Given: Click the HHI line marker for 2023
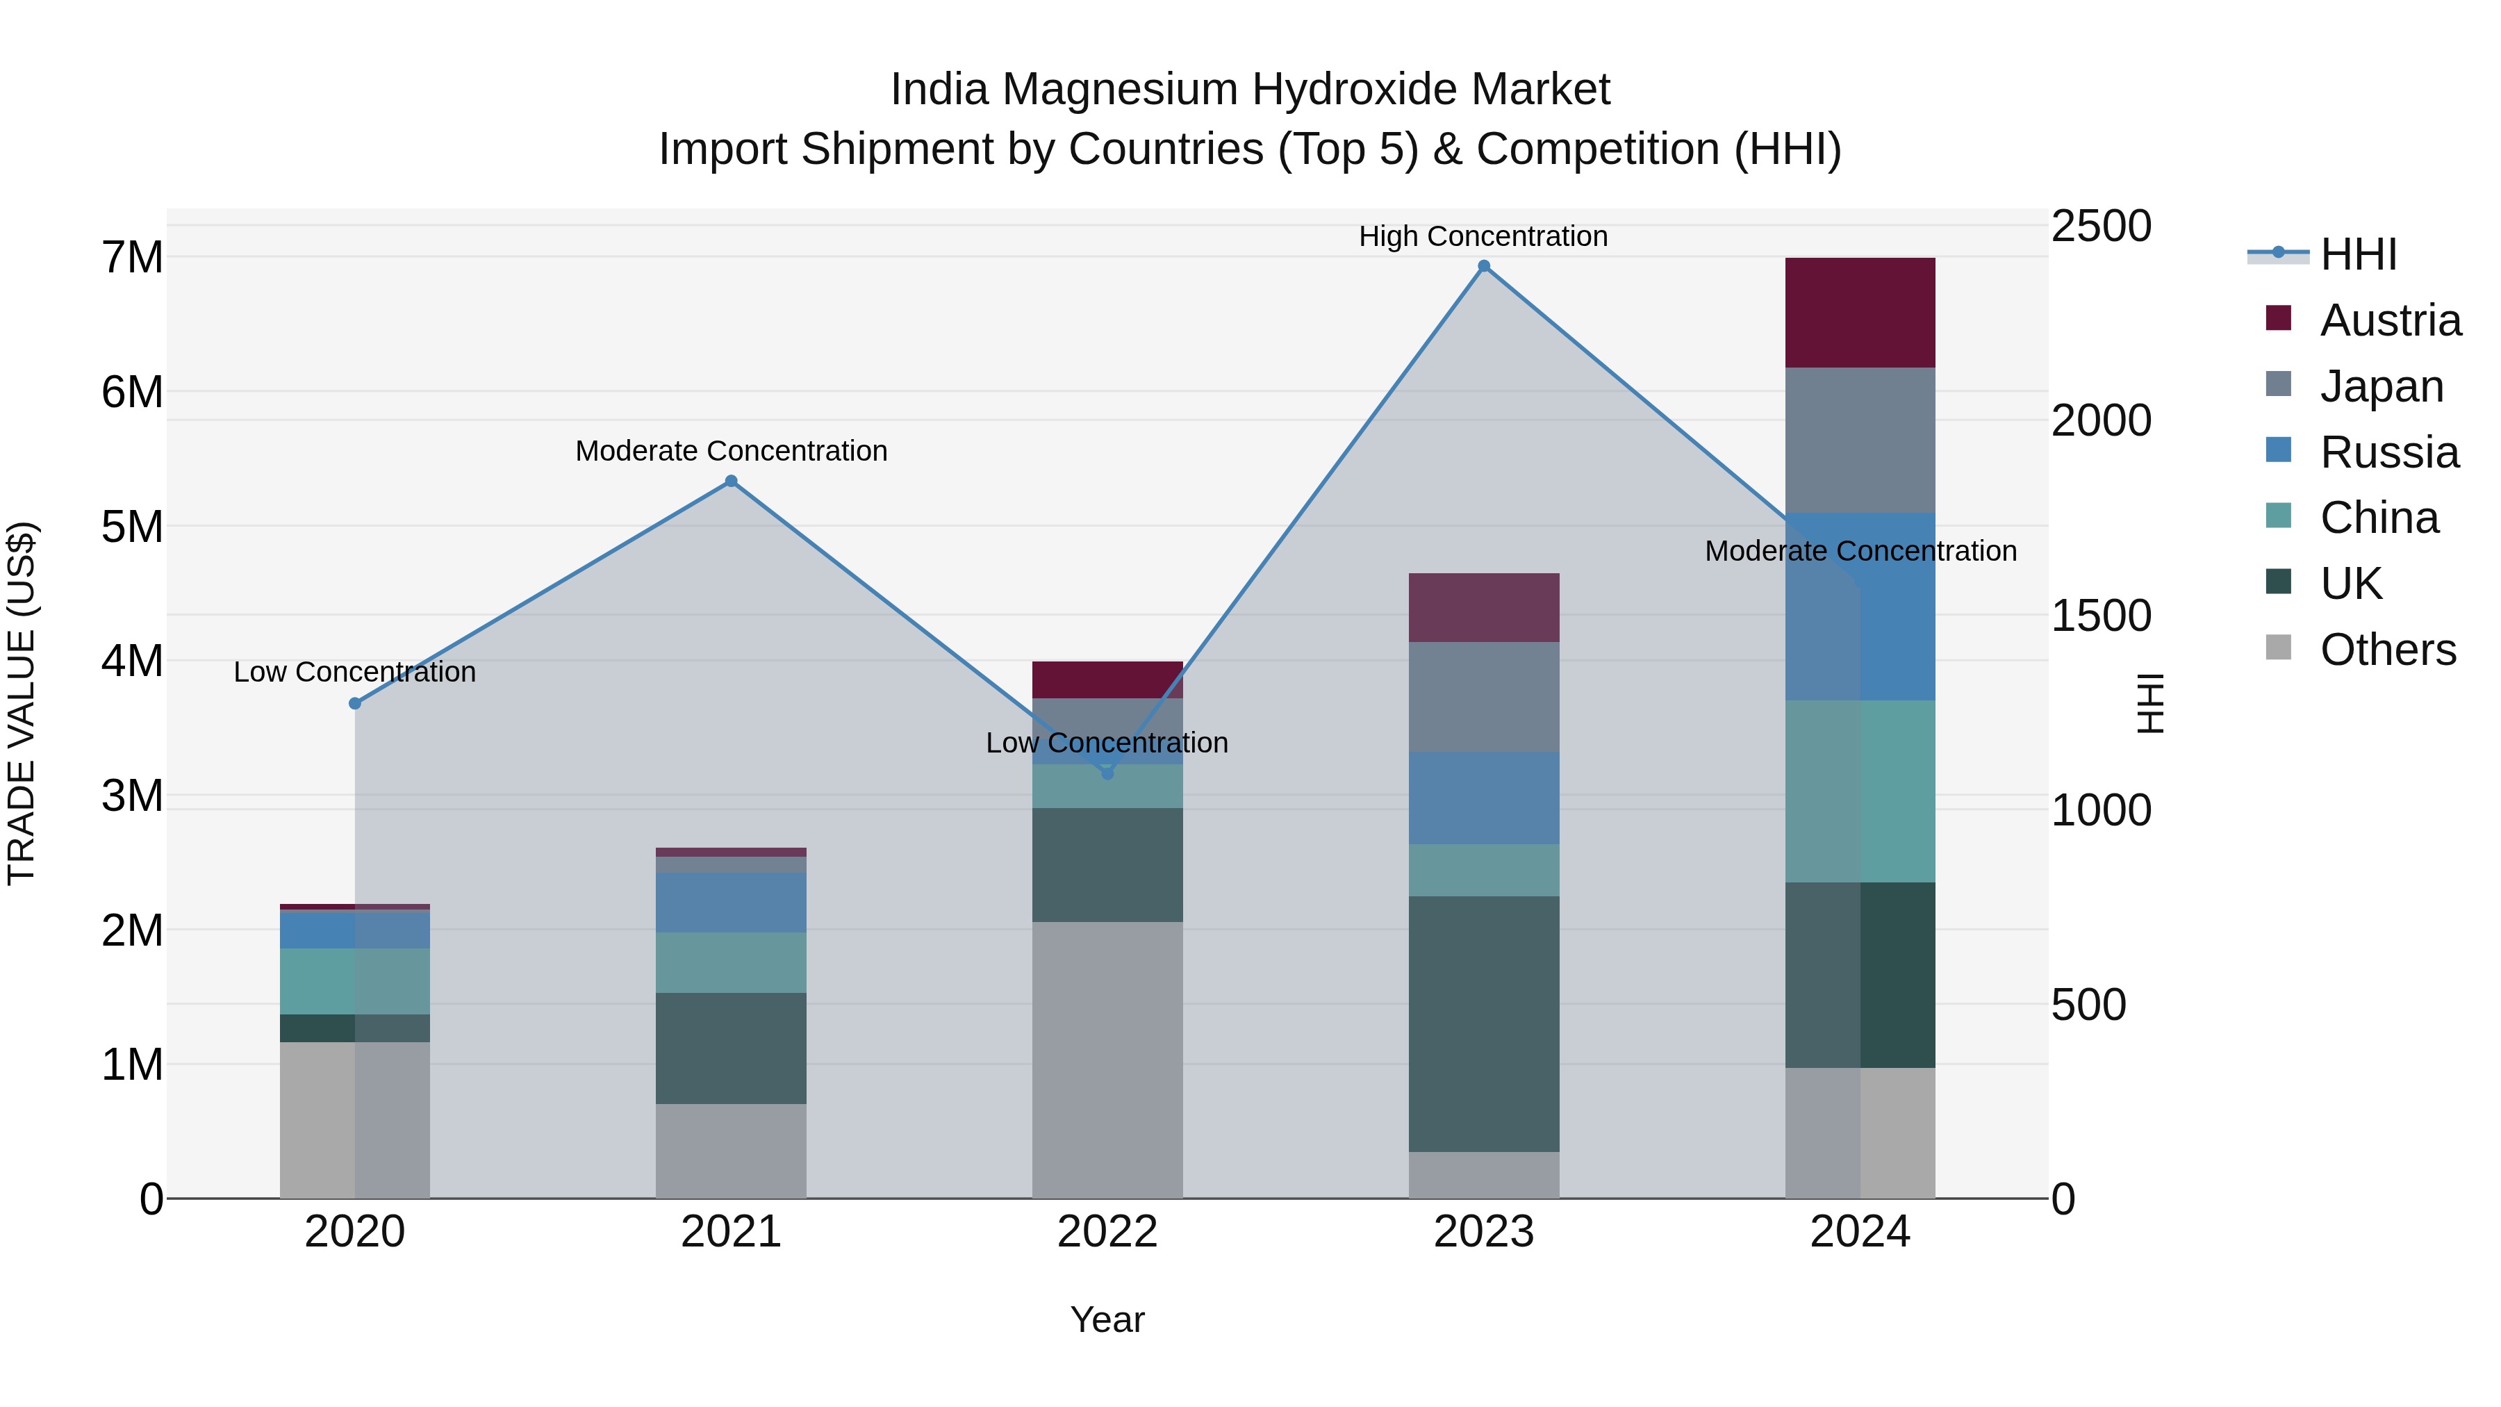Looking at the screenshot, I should pyautogui.click(x=1483, y=266).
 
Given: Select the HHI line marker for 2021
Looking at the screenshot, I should pyautogui.click(x=731, y=481).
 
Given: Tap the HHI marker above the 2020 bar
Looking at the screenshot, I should pyautogui.click(x=354, y=703).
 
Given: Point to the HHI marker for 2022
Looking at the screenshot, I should pyautogui.click(x=1107, y=773).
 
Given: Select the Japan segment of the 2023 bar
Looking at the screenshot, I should pyautogui.click(x=1483, y=696).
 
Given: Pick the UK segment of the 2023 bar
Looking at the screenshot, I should pyautogui.click(x=1483, y=1023).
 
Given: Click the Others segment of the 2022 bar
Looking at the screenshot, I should pyautogui.click(x=1107, y=1060).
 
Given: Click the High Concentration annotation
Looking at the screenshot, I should pyautogui.click(x=1483, y=236).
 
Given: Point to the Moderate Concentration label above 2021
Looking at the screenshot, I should pyautogui.click(x=731, y=450).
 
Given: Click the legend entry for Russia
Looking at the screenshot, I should pyautogui.click(x=2388, y=452).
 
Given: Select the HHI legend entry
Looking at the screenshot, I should pyautogui.click(x=2359, y=254).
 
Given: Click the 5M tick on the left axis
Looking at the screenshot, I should pyautogui.click(x=132, y=527).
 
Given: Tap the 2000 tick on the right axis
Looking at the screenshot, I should pyautogui.click(x=2101, y=420).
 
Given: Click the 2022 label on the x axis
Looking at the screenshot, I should pyautogui.click(x=1107, y=1232).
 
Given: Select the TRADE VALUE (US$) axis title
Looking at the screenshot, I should pyautogui.click(x=22, y=703).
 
